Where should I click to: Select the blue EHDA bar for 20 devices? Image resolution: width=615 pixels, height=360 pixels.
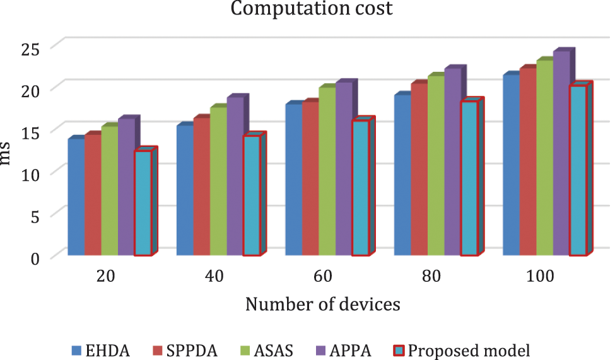pyautogui.click(x=76, y=197)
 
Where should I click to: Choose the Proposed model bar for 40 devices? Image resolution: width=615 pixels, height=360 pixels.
pyautogui.click(x=251, y=195)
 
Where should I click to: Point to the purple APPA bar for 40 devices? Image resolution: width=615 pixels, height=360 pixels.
pyautogui.click(x=235, y=176)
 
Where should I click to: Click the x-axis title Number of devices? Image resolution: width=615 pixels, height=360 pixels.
pyautogui.click(x=322, y=305)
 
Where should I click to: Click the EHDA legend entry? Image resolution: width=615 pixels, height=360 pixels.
pyautogui.click(x=100, y=349)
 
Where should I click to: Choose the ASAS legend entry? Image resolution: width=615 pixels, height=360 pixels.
pyautogui.click(x=264, y=349)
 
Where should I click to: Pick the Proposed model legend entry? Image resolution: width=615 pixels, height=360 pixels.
pyautogui.click(x=460, y=349)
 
